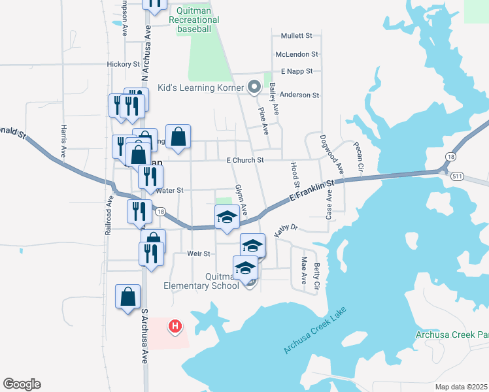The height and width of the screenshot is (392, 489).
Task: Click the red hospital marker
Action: coord(175,325)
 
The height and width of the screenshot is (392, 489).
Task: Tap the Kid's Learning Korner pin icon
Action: coord(255,87)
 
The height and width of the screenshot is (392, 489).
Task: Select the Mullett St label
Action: coord(297,36)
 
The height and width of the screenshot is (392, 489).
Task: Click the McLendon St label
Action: coord(297,55)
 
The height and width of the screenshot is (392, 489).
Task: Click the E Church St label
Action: coord(244,160)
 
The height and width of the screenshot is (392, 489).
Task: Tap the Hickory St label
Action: coord(124,65)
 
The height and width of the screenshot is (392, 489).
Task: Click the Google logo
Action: coord(22,384)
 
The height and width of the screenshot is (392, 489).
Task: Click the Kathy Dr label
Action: coord(286,229)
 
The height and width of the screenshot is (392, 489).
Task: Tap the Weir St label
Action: coord(197,253)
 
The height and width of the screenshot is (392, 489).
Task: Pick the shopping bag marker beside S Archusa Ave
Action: coord(127,297)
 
